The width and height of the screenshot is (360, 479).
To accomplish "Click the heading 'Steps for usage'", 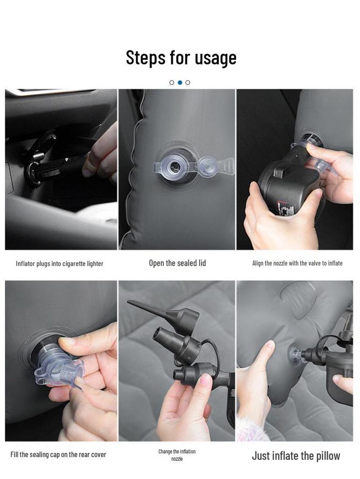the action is pos(181,58).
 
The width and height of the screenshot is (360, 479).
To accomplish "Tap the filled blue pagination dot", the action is pos(180,82).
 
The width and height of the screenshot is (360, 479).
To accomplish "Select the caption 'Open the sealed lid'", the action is pos(177,263).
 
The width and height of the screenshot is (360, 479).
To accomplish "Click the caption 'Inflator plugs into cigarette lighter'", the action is pos(59,264).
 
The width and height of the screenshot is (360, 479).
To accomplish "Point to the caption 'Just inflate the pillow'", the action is pos(296,456).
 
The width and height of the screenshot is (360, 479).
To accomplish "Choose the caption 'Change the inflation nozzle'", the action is pos(177,455).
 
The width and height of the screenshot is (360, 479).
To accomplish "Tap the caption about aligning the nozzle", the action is pos(297,263).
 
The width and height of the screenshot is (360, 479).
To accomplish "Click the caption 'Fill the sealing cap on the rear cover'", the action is pos(58,455).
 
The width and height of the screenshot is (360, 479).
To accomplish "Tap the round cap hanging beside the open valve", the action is pos(208,167).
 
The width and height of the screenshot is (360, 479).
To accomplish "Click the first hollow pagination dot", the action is pos(172,82).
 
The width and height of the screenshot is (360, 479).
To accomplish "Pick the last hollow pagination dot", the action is pos(188,82).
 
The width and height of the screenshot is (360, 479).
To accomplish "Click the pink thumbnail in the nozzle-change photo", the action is pos(206,380).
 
